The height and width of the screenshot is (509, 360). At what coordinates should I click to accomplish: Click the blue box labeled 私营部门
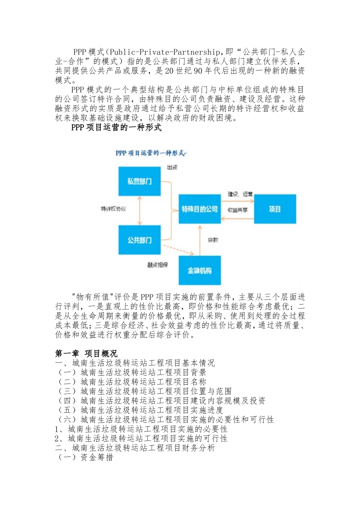tap(139, 181)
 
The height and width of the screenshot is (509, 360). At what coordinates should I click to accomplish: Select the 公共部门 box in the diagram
tap(139, 240)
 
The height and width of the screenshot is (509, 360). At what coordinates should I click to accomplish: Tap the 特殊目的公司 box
tap(200, 209)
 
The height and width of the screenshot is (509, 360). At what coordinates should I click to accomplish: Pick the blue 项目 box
tap(275, 209)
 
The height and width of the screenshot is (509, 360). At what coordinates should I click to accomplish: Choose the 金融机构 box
tap(200, 270)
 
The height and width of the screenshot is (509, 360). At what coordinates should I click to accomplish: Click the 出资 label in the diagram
tap(172, 167)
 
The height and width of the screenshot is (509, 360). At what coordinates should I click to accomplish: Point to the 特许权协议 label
tap(113, 209)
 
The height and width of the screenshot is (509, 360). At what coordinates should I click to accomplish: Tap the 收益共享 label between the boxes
tap(238, 210)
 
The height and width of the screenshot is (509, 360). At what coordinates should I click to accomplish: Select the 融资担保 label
tap(158, 265)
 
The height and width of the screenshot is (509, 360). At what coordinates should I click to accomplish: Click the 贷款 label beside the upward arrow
tap(213, 240)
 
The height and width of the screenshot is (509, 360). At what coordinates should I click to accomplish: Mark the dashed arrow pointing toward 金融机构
tap(178, 250)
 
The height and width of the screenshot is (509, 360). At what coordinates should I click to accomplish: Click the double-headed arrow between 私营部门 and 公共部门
tap(140, 211)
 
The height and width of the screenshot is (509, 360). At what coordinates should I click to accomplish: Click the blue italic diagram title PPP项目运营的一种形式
tap(150, 153)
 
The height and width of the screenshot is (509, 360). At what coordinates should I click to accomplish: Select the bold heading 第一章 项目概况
tap(86, 354)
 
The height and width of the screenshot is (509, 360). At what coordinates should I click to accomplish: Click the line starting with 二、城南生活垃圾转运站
tap(135, 448)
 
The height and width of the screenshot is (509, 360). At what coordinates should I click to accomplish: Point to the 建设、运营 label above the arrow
tap(240, 194)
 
